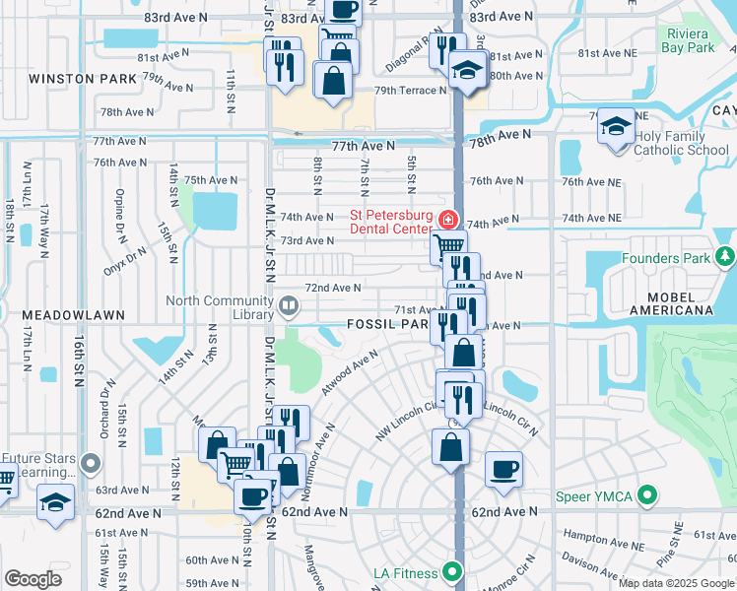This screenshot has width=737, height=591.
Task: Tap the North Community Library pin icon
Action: point(288,306)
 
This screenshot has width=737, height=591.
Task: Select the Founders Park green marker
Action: point(725,258)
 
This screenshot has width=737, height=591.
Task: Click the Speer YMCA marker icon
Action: point(646,494)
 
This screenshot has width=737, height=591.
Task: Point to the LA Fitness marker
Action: point(452,570)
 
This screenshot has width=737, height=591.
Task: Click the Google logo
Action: point(33,579)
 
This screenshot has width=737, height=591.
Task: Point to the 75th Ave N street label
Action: point(211,180)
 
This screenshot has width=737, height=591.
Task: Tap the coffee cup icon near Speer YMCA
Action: point(503,469)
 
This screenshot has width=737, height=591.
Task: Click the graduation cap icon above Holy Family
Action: point(617,126)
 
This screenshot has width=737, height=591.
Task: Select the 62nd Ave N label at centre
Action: point(315,512)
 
